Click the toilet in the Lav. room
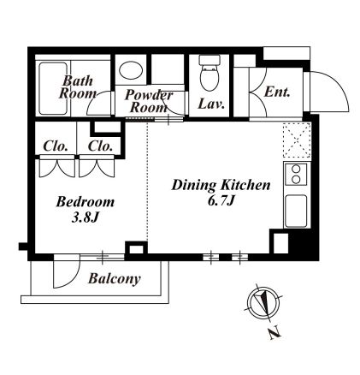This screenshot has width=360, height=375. [210, 71]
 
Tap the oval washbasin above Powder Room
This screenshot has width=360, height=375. [131, 70]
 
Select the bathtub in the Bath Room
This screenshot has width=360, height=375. [53, 88]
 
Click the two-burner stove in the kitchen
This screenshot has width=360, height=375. [296, 175]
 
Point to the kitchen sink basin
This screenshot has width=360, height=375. [296, 211]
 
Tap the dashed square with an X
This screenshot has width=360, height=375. [297, 140]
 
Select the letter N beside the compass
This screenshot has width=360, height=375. [274, 333]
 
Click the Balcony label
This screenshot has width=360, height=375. [115, 279]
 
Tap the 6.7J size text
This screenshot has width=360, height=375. [221, 201]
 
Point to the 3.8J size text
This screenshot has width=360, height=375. [85, 218]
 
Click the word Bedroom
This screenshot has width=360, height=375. [86, 202]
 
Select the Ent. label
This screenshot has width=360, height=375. [277, 92]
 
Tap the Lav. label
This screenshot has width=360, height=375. [211, 104]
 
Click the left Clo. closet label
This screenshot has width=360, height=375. [56, 146]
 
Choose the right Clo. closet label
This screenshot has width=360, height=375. [100, 146]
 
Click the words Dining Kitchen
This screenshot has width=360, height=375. [221, 185]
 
